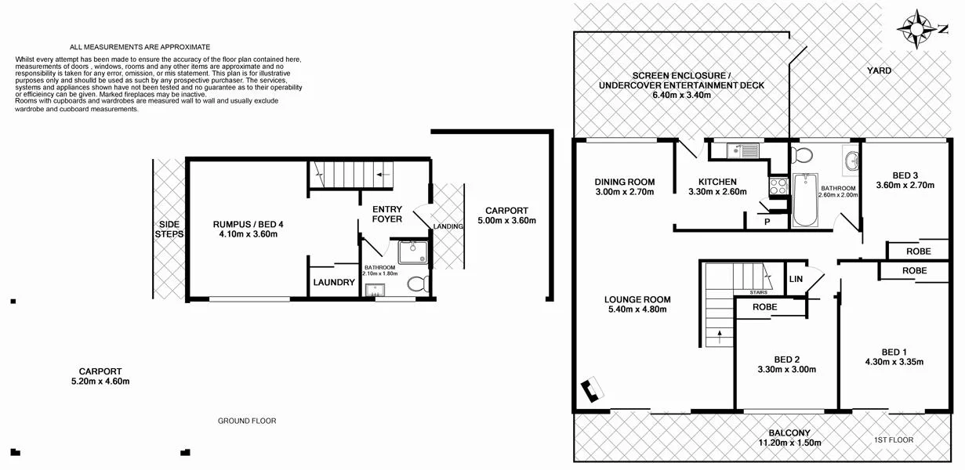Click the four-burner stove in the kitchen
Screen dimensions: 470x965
[x=778, y=186]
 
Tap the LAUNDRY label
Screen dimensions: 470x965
[x=334, y=283]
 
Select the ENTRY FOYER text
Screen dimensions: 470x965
[x=387, y=214]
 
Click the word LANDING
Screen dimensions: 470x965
[x=448, y=226]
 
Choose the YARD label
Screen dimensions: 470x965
[x=878, y=70]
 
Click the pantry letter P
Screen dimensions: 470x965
[x=767, y=222]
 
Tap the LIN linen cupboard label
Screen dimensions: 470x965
[x=796, y=279]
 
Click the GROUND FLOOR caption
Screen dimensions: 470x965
[x=247, y=421]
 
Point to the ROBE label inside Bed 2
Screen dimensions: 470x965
[x=764, y=307]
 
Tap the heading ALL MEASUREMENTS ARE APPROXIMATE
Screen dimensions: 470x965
[x=140, y=47]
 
